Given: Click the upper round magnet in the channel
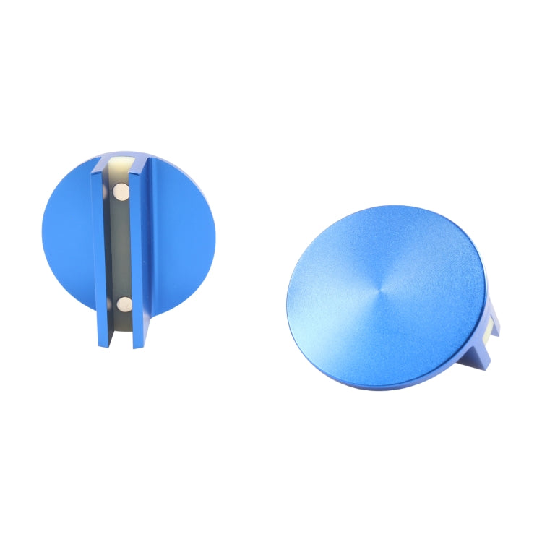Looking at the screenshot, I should [x=121, y=192].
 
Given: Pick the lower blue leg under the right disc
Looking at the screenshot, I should [x=481, y=358].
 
